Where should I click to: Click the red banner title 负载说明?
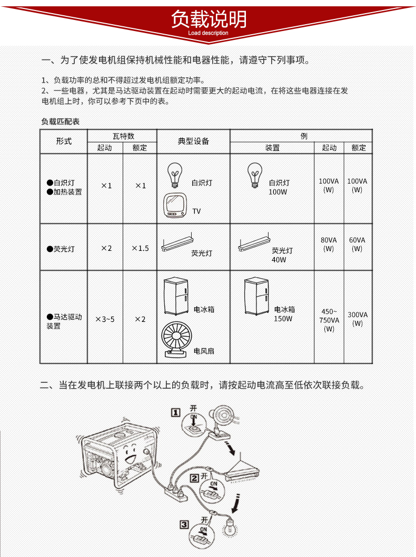(208, 19)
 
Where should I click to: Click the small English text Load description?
(208, 33)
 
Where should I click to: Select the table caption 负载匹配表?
(60, 121)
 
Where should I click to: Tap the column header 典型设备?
(193, 141)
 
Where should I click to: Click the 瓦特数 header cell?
(123, 136)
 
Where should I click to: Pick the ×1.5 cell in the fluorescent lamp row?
(140, 248)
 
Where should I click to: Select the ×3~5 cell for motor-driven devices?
(105, 319)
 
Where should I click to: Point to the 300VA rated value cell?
(358, 319)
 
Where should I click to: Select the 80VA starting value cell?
(329, 244)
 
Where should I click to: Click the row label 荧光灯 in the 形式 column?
(64, 248)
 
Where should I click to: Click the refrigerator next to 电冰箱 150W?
(257, 297)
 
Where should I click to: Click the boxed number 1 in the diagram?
(176, 412)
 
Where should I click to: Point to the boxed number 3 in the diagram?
(184, 524)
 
